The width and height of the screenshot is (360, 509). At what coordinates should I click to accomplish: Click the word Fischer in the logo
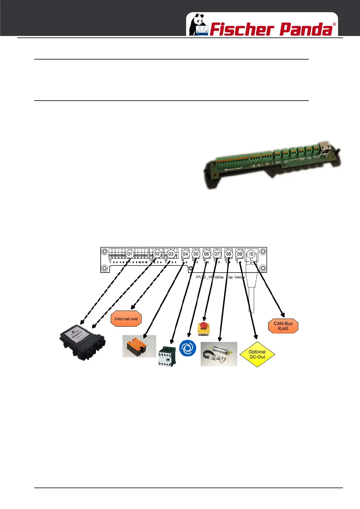click(x=241, y=29)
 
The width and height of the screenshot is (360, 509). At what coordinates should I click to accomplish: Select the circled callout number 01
click(x=130, y=254)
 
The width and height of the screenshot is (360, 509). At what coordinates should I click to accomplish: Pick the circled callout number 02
click(x=157, y=254)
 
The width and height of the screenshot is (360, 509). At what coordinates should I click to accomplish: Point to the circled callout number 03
click(x=171, y=254)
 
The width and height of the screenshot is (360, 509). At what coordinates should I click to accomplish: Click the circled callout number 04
click(x=185, y=254)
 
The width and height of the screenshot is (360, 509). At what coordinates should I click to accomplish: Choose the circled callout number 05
click(x=196, y=254)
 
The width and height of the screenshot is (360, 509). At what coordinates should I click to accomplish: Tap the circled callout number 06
click(x=206, y=254)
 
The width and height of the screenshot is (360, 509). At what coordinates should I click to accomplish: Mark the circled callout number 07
click(x=217, y=254)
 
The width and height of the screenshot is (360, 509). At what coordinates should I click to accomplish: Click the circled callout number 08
click(x=229, y=254)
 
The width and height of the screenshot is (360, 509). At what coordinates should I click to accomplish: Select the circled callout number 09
click(x=240, y=254)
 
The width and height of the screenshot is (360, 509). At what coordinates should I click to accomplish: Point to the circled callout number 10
click(x=251, y=254)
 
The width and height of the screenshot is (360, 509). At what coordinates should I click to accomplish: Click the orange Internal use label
click(x=126, y=319)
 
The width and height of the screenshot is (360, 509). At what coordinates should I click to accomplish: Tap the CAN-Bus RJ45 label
click(x=283, y=326)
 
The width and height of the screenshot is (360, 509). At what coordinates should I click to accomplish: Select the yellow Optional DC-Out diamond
click(x=257, y=354)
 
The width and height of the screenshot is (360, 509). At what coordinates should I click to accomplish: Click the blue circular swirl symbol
click(x=188, y=348)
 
